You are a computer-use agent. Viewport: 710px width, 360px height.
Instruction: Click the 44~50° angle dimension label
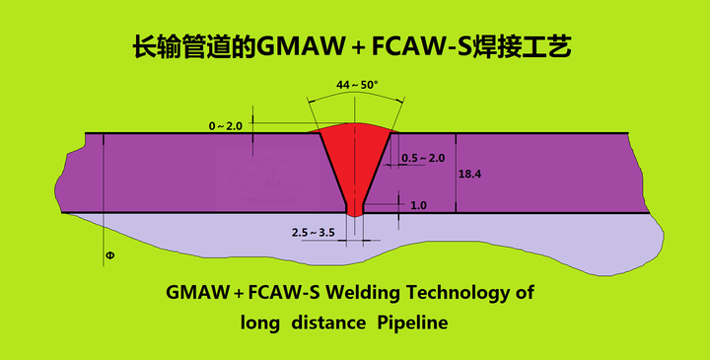click(357, 86)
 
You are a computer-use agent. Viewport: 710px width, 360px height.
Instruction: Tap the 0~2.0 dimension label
click(225, 126)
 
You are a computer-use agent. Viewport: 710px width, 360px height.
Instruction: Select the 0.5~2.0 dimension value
click(424, 158)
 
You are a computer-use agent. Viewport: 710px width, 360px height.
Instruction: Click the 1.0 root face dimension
click(418, 205)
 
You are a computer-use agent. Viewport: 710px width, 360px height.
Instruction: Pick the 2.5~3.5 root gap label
click(315, 232)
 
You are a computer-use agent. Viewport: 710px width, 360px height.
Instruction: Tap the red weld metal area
click(355, 158)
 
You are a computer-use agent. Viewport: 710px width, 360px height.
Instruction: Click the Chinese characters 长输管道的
click(193, 46)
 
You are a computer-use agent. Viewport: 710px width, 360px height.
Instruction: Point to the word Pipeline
click(413, 323)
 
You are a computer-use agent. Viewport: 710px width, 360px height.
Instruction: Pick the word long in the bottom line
click(260, 323)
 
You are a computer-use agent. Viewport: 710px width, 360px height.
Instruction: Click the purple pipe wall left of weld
click(197, 173)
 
